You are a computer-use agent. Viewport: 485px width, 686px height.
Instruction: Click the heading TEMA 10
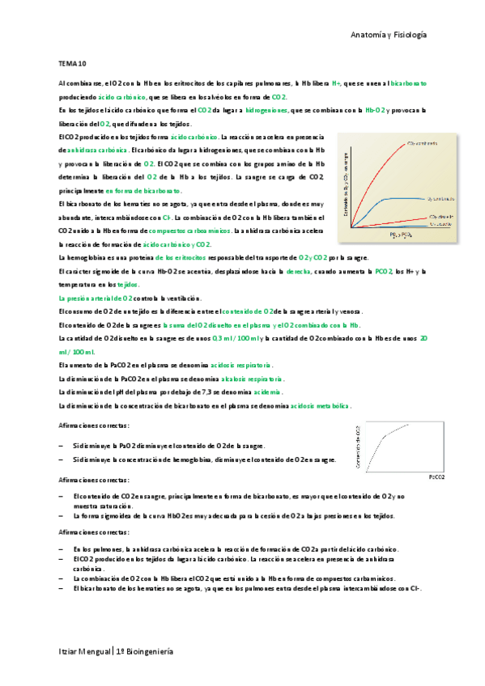coord(73,62)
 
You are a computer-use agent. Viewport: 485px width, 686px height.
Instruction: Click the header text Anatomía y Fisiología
coord(388,36)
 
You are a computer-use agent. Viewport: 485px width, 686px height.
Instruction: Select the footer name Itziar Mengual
coord(84,651)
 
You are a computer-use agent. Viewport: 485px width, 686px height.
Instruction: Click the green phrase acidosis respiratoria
coord(241,366)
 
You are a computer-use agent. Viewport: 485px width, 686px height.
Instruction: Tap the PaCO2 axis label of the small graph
coord(436,477)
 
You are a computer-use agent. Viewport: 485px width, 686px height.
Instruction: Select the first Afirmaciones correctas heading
coord(94,426)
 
